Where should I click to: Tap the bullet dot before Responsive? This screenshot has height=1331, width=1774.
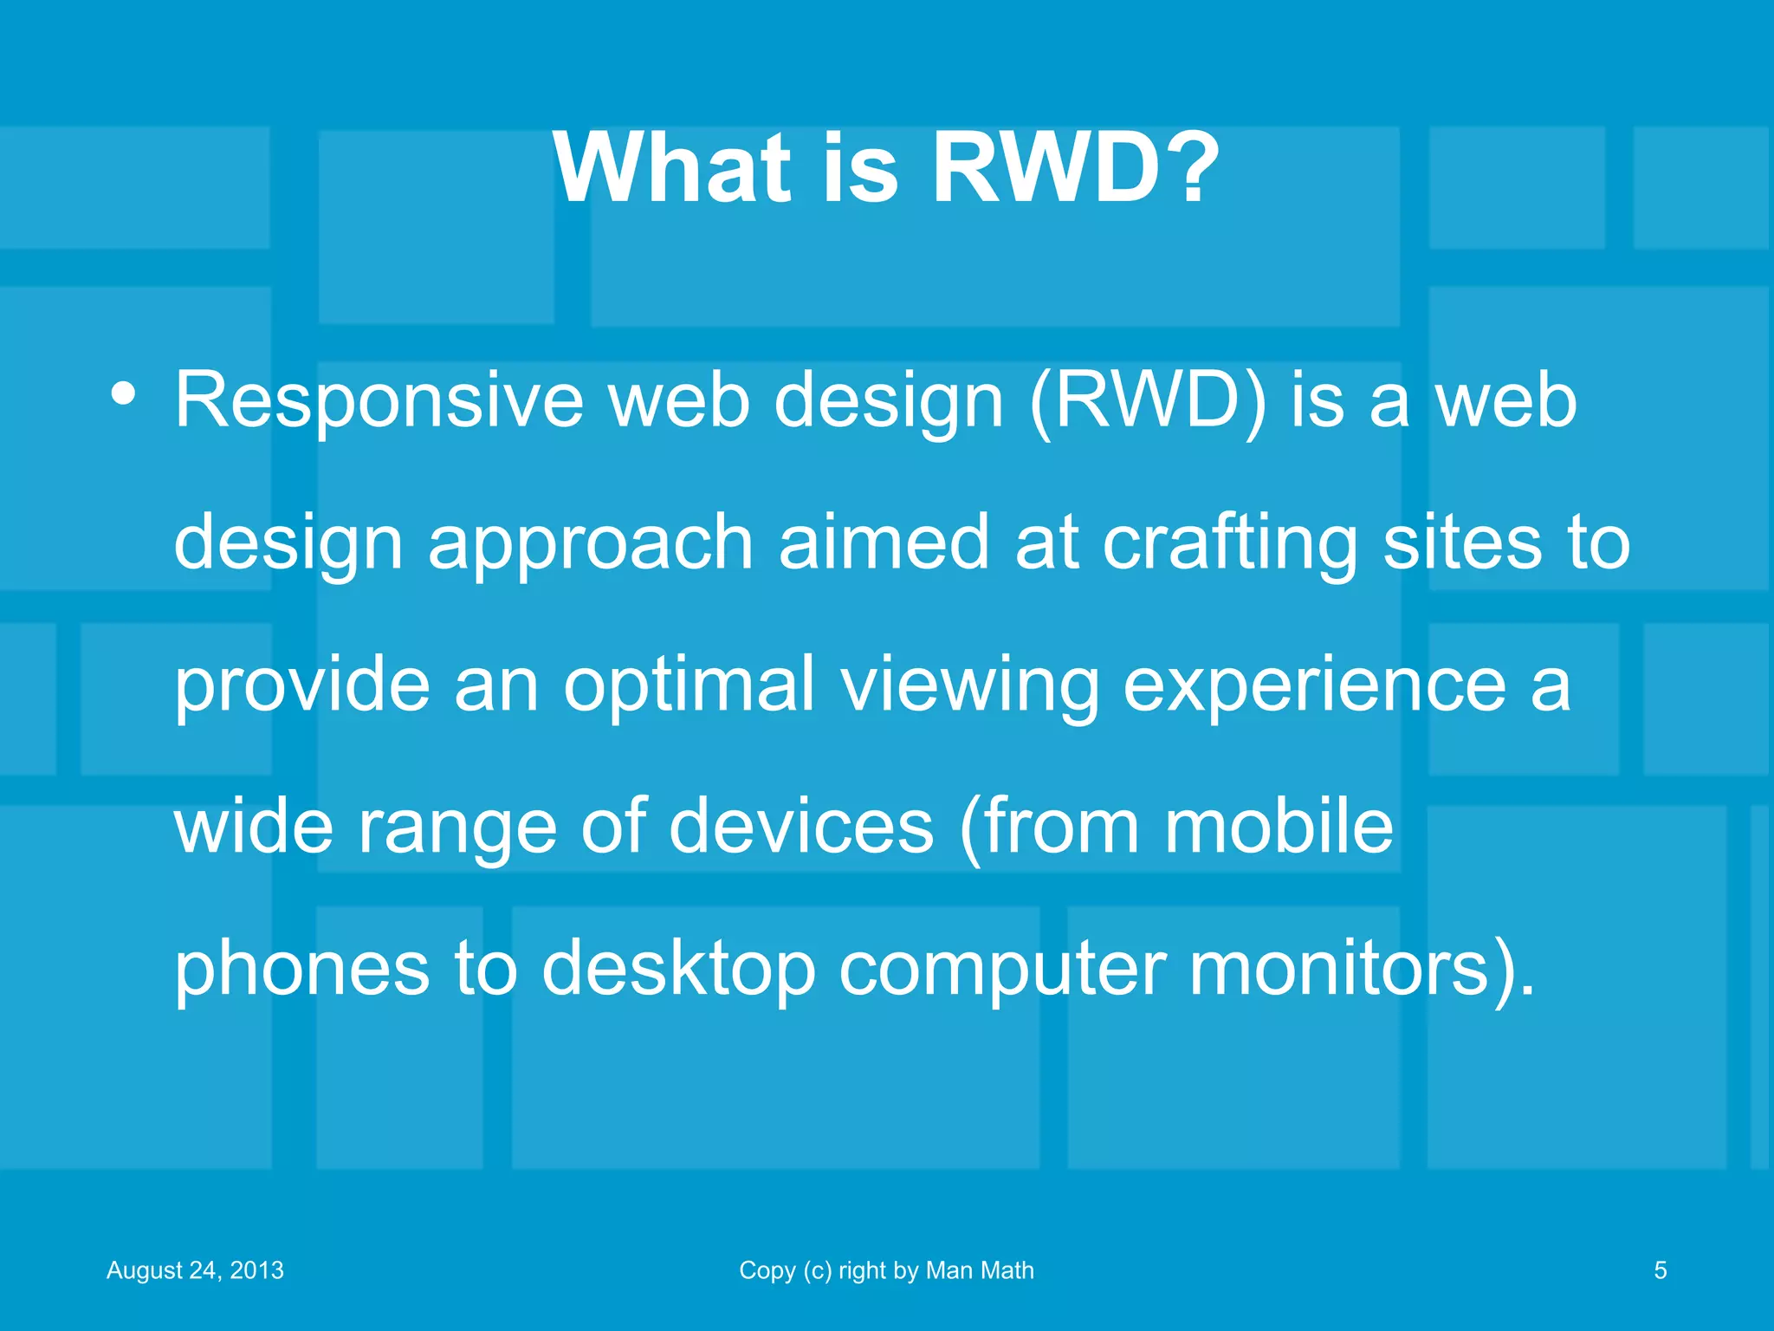[x=123, y=393]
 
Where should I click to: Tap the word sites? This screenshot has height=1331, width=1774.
[x=1462, y=542]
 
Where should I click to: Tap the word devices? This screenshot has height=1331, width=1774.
[x=801, y=825]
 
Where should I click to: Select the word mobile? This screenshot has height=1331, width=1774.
[x=1278, y=825]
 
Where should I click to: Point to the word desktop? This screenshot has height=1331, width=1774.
[x=678, y=969]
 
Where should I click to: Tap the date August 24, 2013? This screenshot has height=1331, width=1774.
[x=195, y=1270]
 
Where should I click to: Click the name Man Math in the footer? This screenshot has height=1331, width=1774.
[x=980, y=1270]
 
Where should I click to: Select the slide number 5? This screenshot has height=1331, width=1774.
[x=1660, y=1270]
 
